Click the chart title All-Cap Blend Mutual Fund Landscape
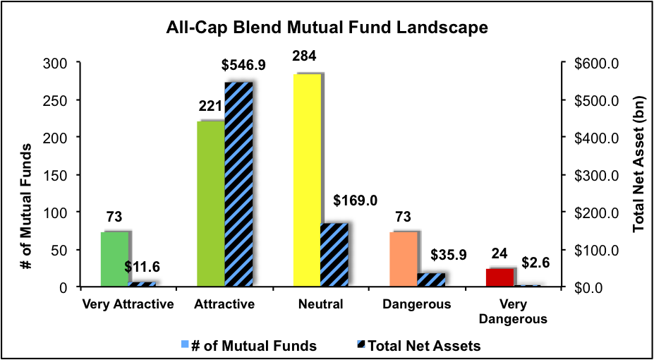(x=327, y=29)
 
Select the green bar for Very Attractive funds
(x=115, y=259)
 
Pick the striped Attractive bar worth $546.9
(x=238, y=184)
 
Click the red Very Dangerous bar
(x=499, y=277)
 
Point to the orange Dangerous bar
(x=403, y=259)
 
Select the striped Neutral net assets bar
(x=334, y=255)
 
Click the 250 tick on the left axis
(x=62, y=100)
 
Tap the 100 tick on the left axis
(x=62, y=212)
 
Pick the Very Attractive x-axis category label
(x=128, y=305)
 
